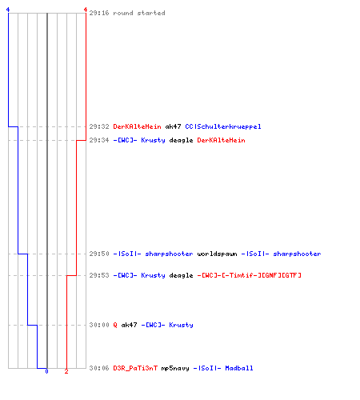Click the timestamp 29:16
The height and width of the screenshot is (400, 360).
pyautogui.click(x=99, y=13)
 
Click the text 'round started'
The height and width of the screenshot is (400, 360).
pyautogui.click(x=139, y=13)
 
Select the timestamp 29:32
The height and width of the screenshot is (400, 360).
pyautogui.click(x=99, y=126)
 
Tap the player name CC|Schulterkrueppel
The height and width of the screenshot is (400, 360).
pyautogui.click(x=223, y=126)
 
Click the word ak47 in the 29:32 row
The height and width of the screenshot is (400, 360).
pyautogui.click(x=173, y=126)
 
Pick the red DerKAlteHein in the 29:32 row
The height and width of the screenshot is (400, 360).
pyautogui.click(x=137, y=126)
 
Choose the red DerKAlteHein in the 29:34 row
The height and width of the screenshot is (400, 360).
pyautogui.click(x=221, y=140)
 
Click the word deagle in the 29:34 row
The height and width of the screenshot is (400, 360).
pyautogui.click(x=181, y=141)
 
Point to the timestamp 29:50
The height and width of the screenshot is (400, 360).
pyautogui.click(x=99, y=254)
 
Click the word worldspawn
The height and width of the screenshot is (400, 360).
pyautogui.click(x=217, y=254)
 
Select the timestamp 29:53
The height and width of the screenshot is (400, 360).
pyautogui.click(x=99, y=275)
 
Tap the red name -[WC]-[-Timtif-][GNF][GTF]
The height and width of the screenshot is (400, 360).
pyautogui.click(x=250, y=275)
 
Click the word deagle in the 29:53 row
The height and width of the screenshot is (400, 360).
pyautogui.click(x=181, y=275)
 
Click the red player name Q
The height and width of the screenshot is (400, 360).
pyautogui.click(x=115, y=325)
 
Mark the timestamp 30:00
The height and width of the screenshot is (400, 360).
pyautogui.click(x=99, y=325)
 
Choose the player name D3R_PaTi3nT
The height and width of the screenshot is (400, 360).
pyautogui.click(x=135, y=368)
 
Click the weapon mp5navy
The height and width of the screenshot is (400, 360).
pyautogui.click(x=175, y=369)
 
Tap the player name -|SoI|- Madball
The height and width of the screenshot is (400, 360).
pyautogui.click(x=223, y=368)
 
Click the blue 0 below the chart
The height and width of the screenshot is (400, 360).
pyautogui.click(x=46, y=371)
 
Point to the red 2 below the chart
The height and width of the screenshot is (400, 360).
pyautogui.click(x=66, y=371)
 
